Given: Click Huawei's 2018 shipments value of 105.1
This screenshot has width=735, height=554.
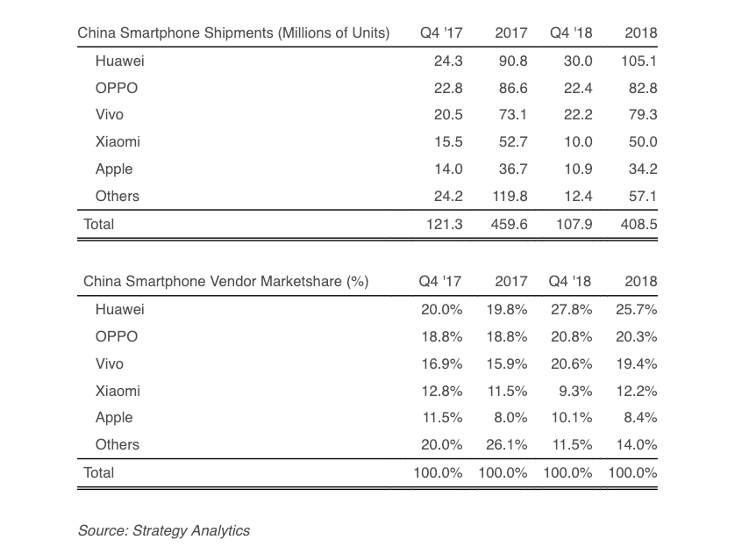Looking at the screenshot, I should click(x=639, y=61).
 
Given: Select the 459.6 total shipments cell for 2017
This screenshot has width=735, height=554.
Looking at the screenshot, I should click(x=509, y=224).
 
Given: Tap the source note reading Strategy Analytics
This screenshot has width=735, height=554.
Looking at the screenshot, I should click(x=163, y=530).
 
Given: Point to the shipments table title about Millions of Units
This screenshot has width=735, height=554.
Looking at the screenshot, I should click(x=233, y=33).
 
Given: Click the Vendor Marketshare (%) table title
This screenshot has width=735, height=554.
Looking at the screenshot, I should click(x=225, y=282).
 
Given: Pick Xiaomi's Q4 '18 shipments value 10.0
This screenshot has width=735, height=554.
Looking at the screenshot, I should click(x=575, y=142).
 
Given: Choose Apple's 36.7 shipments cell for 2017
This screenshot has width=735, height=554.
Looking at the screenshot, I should click(x=511, y=169).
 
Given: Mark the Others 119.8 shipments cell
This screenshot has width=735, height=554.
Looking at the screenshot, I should click(x=509, y=197).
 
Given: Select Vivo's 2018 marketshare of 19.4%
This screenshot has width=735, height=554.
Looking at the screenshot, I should click(x=636, y=363).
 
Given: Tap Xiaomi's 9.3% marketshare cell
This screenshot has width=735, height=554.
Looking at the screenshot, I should click(x=574, y=391).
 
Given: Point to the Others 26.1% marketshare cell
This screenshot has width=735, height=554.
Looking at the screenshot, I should click(x=507, y=445).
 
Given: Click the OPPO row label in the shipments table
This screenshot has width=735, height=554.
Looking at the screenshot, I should click(x=116, y=88).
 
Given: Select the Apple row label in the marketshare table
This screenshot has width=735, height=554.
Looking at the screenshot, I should click(x=114, y=418).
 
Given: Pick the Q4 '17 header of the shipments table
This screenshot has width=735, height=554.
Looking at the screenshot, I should click(x=441, y=33).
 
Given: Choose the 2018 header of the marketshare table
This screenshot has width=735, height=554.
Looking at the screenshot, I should click(x=641, y=282).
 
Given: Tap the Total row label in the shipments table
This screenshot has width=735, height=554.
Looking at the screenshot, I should click(x=99, y=224).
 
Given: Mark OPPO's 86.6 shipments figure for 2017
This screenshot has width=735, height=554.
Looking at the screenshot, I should click(x=511, y=88).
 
